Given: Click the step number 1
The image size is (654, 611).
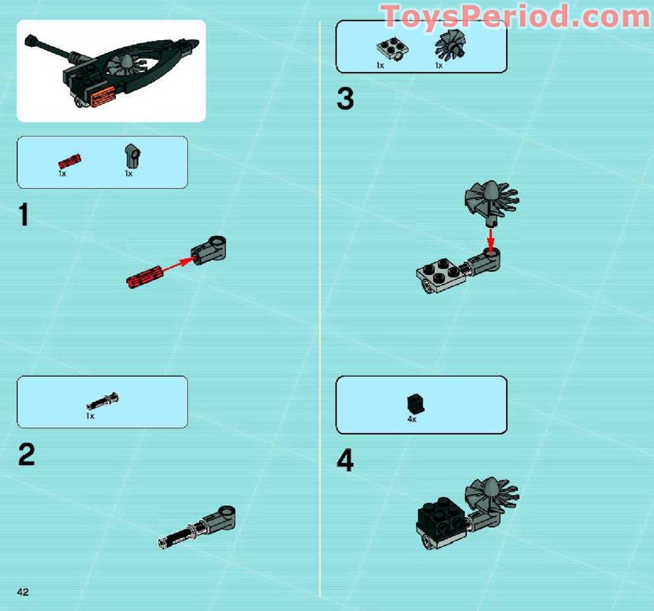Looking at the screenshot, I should coord(24,215).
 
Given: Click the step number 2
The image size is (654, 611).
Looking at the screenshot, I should coord(26,455).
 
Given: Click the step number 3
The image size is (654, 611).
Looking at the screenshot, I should coord(345,100).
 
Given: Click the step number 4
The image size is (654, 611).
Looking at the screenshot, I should coord(345,462).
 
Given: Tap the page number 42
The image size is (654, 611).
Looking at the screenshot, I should coord(23,592).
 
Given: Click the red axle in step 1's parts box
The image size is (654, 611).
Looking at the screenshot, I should coord(69,161).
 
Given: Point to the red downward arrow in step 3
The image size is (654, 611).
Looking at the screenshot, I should coord(491,238).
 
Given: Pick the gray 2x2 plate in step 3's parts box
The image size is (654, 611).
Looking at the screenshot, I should coord(389,50).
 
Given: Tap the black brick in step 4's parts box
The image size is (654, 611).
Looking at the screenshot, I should coord(412,403).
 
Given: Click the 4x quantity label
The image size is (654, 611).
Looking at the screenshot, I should coord(411,420).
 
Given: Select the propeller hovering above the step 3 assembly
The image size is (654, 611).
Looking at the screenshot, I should coord(490,200).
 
